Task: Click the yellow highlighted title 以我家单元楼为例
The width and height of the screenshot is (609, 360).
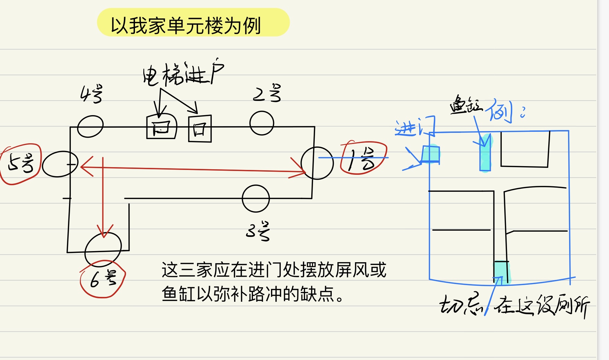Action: click(x=193, y=23)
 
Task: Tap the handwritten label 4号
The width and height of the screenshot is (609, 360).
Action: click(x=91, y=94)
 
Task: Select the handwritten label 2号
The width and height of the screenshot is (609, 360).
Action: click(x=267, y=93)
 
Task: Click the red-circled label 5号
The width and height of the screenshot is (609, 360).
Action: click(x=21, y=163)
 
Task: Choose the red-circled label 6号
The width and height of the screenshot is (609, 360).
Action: click(x=103, y=279)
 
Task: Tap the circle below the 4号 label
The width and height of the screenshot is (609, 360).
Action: click(x=90, y=126)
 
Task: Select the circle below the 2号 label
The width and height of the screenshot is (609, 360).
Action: click(x=262, y=123)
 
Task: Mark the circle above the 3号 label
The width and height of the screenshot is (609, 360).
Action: click(x=256, y=199)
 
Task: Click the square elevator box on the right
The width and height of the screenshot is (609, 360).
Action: click(x=200, y=129)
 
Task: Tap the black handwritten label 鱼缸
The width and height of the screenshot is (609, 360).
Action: click(x=466, y=104)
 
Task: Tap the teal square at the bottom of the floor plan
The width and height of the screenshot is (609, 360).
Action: click(x=501, y=271)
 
